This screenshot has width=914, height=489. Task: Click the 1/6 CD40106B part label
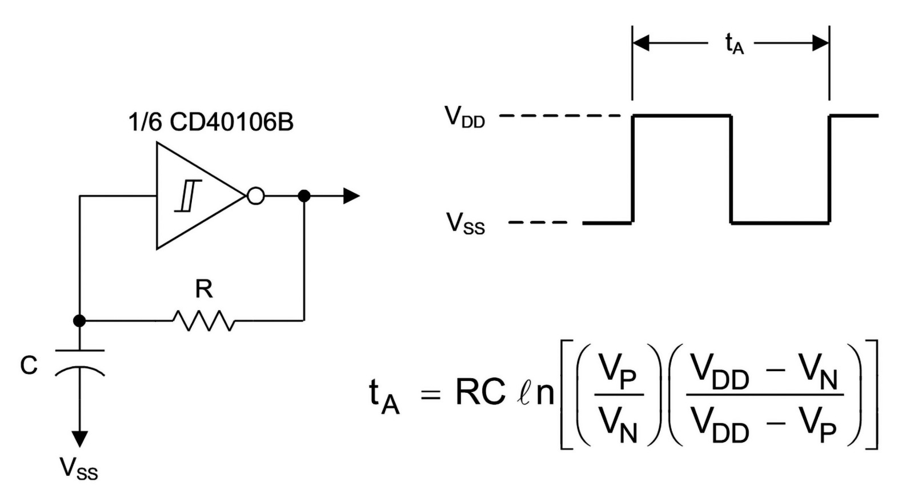coord(211,122)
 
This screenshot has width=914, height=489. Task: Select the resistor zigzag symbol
coord(203,321)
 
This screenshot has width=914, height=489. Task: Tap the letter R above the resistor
coord(204,289)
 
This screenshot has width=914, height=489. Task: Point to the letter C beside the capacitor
coord(29,365)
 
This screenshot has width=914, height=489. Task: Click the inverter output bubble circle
coord(255,196)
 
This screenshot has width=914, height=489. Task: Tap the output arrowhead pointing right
coord(351,196)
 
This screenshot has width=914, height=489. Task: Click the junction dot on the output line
coord(304,196)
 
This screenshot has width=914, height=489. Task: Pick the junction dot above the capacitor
coord(79,321)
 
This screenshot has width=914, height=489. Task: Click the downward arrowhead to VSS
coord(79,439)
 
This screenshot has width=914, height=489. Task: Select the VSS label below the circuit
coord(79,468)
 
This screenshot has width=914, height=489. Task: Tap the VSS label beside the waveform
coord(466,224)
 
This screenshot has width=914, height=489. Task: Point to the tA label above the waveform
coord(735,43)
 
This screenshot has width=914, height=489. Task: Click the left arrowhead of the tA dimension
coord(640,43)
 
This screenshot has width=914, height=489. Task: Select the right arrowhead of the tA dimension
coord(820,43)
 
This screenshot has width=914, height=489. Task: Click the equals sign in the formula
coord(431,395)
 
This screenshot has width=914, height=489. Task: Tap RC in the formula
coord(480,392)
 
